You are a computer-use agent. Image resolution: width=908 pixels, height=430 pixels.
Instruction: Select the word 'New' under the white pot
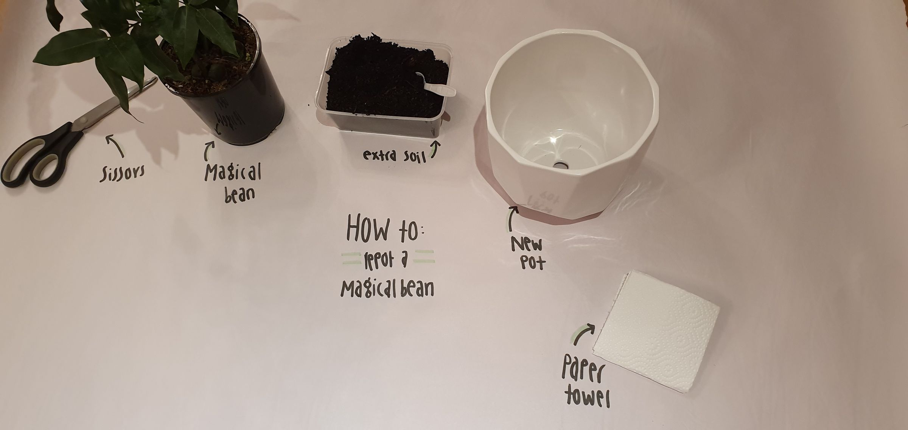(527, 245)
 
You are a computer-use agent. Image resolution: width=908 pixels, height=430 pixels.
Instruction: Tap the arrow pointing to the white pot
(511, 218)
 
